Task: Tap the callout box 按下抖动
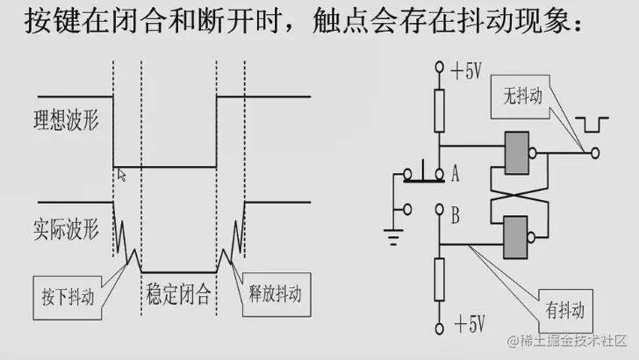[68, 291]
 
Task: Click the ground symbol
[392, 233]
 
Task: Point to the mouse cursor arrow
[121, 174]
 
